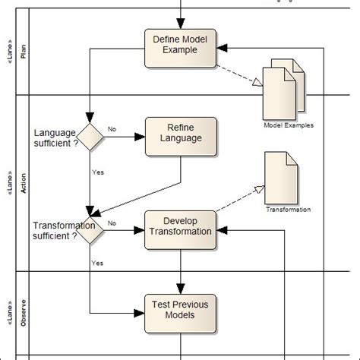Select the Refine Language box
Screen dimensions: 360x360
(x=180, y=133)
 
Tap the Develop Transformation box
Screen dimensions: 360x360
(x=180, y=226)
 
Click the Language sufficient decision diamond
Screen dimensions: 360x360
(x=90, y=137)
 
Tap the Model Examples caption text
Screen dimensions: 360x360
(x=288, y=125)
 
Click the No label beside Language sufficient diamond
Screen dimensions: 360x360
(x=112, y=130)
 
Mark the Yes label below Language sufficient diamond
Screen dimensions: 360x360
(x=98, y=172)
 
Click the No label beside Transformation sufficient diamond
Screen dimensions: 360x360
(x=112, y=223)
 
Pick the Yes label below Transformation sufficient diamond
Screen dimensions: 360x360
(x=97, y=263)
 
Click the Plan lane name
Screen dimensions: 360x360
(x=23, y=51)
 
